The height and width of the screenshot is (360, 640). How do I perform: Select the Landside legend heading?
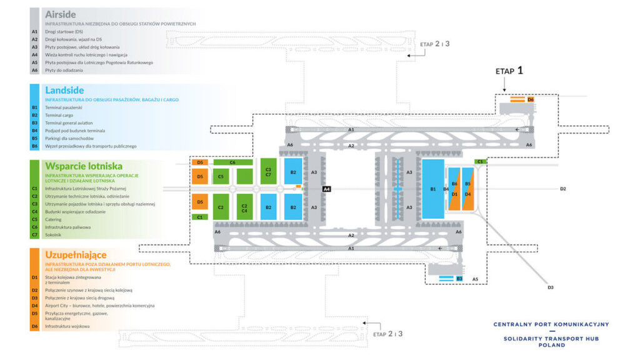(64, 91)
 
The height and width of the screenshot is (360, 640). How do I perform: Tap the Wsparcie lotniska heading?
(83, 166)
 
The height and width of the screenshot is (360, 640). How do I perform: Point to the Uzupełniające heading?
(76, 254)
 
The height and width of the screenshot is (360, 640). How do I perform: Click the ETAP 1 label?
(509, 71)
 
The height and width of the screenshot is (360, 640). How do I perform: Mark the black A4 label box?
(326, 188)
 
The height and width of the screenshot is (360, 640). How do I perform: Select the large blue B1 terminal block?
(432, 188)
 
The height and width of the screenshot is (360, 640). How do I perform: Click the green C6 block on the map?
(232, 162)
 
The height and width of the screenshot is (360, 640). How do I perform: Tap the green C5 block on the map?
(221, 177)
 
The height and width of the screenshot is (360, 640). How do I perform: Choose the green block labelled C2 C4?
(244, 207)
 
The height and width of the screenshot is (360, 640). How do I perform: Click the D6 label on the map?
(531, 99)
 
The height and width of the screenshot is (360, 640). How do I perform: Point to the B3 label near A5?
(459, 278)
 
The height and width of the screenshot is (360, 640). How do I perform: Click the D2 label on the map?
(562, 188)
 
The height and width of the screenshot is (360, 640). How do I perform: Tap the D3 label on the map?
(551, 287)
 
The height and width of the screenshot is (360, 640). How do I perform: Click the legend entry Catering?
(54, 219)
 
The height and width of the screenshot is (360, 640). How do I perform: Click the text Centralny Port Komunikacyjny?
(551, 324)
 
